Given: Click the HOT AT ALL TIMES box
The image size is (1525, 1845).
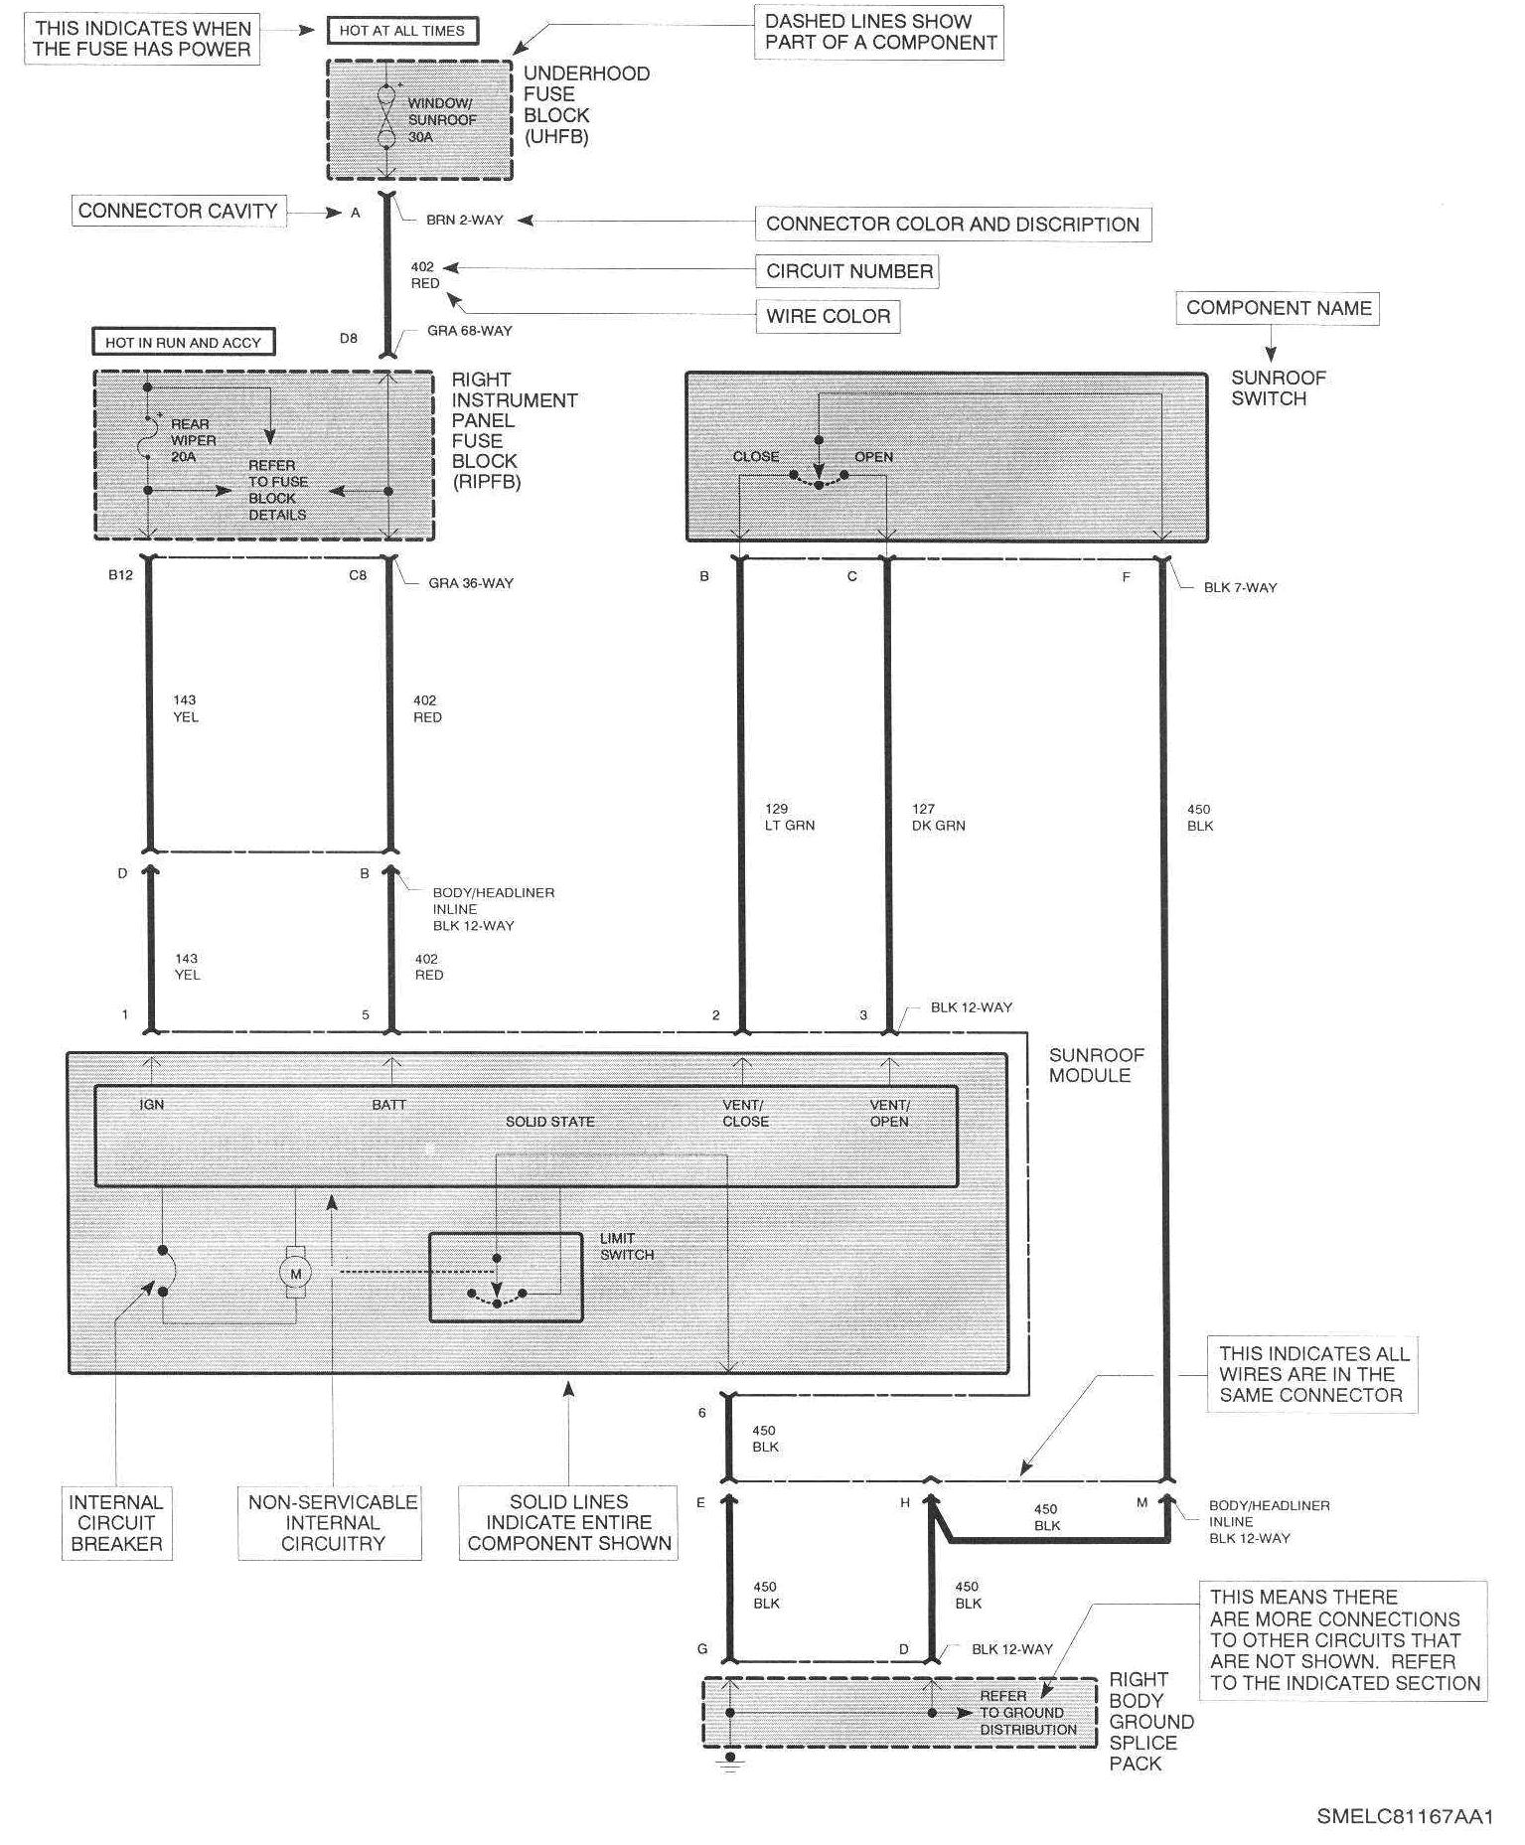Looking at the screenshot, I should [x=402, y=31].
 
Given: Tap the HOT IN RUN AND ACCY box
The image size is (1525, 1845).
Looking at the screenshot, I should [x=183, y=343].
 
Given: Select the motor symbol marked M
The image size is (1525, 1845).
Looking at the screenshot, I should [x=295, y=1274].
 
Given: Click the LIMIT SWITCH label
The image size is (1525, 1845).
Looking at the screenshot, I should [x=627, y=1247].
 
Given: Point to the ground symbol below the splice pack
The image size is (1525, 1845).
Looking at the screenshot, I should [x=730, y=1762].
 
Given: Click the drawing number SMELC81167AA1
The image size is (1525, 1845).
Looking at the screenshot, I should [x=1405, y=1816].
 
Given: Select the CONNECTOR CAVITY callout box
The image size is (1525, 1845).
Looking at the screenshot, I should [x=178, y=212].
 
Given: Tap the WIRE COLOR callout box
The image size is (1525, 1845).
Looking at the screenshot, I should [x=828, y=317].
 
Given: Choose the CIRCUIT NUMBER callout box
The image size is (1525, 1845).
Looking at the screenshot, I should [x=848, y=271].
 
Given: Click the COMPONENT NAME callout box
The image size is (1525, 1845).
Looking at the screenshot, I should [x=1278, y=308].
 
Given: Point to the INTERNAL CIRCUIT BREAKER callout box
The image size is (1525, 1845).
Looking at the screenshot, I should [x=115, y=1523].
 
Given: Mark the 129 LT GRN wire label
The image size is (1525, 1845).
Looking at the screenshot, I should [x=789, y=817].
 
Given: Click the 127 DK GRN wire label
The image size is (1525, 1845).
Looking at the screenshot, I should [x=938, y=817].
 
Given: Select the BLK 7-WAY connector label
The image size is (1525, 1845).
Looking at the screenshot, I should [x=1240, y=587].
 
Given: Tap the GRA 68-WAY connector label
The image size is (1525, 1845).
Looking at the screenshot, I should [x=469, y=331].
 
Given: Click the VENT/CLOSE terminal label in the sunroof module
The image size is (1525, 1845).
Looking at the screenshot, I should [x=745, y=1113].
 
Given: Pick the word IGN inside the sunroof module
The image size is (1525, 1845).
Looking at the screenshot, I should [x=152, y=1105].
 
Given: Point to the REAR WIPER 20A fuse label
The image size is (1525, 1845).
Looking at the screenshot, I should [x=191, y=440].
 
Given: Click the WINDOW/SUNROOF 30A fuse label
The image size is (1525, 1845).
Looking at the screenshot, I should [x=440, y=120].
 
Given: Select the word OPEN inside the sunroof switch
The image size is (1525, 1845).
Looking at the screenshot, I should [x=873, y=457].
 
